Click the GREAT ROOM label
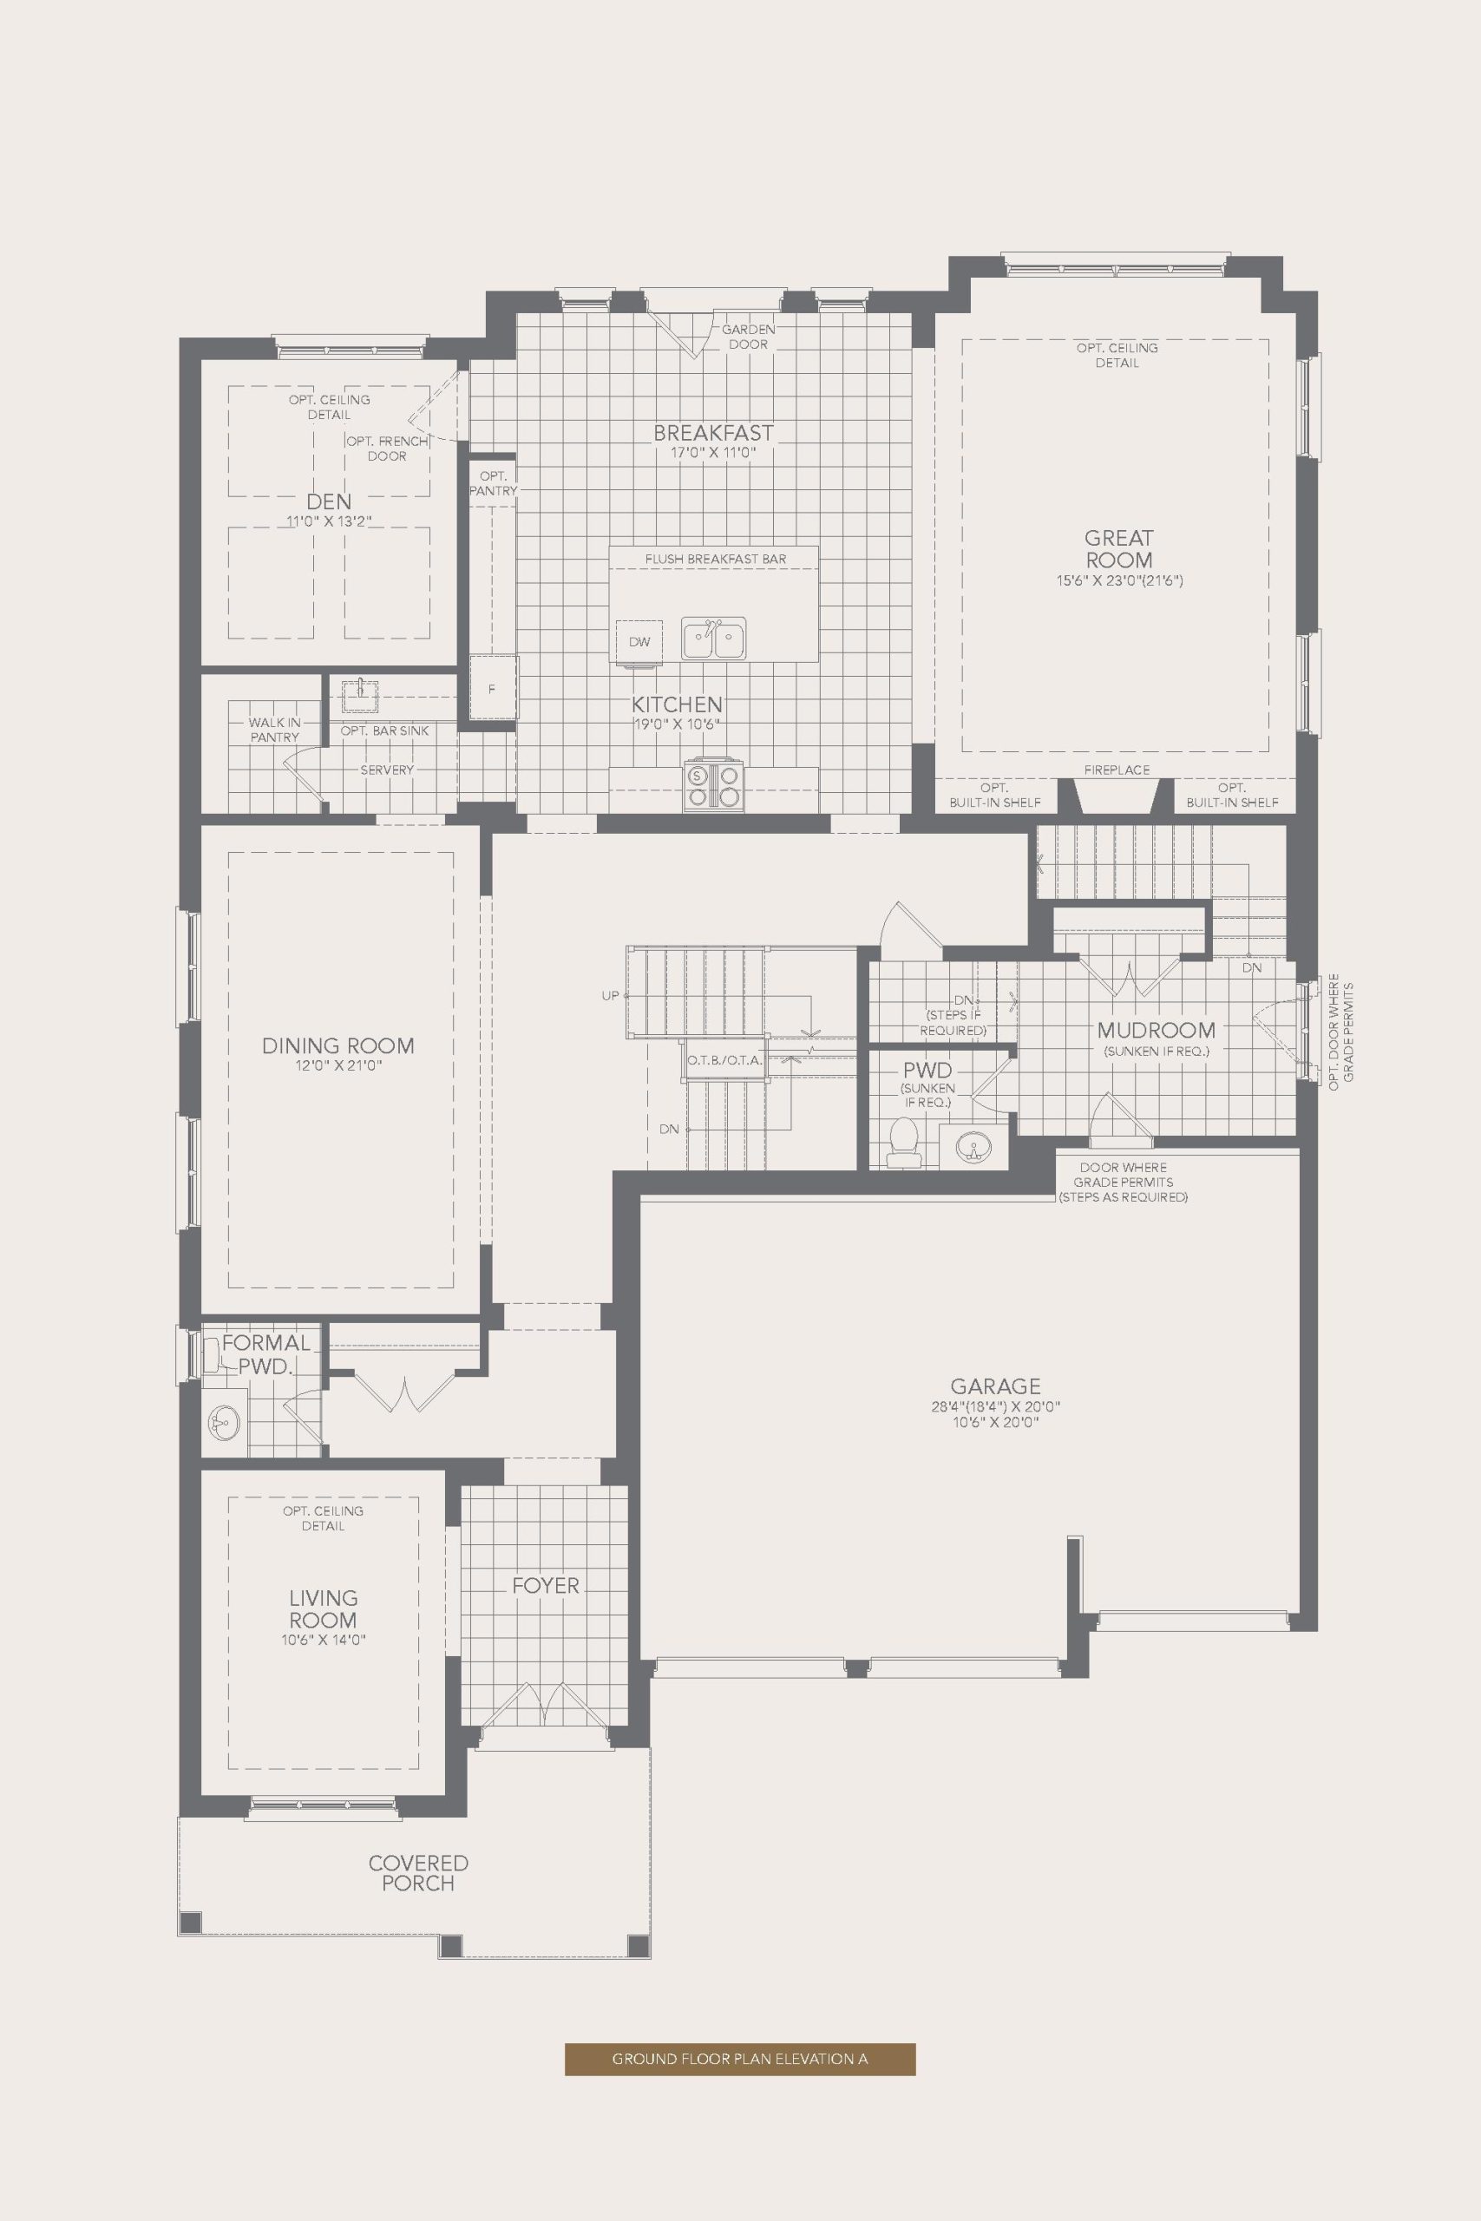1119,547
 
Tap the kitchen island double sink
714,640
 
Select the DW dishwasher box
639,642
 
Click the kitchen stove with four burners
714,786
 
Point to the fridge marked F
492,688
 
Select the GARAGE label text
995,1386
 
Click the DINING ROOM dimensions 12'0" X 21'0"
338,1066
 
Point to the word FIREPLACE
1117,770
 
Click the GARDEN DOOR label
749,337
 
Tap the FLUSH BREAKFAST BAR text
716,559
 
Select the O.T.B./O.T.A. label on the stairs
724,1060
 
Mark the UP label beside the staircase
610,995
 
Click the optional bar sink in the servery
360,694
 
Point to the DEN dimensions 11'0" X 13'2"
330,521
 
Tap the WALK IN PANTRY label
275,730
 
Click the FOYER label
546,1585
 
